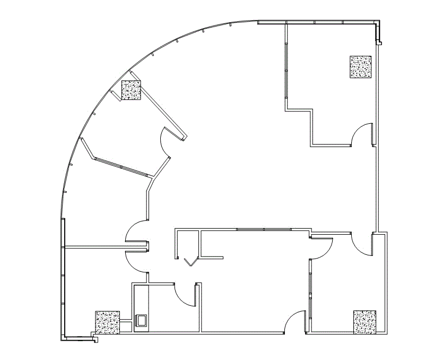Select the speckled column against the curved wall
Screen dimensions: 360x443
pyautogui.click(x=131, y=90)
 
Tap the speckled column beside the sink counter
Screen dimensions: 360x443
pyautogui.click(x=108, y=322)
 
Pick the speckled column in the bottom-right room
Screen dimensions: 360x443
pyautogui.click(x=364, y=322)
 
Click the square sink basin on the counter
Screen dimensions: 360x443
pyautogui.click(x=141, y=320)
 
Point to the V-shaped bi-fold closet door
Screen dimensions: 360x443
pyautogui.click(x=190, y=262)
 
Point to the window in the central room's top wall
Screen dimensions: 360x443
pyautogui.click(x=264, y=229)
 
